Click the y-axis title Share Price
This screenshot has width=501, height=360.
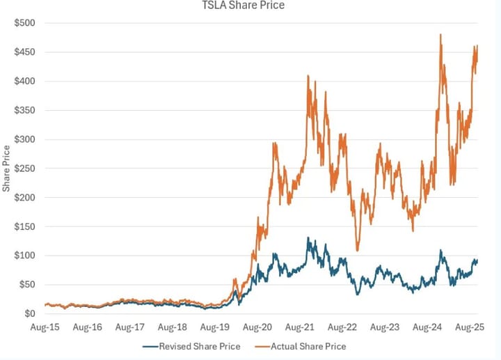coord(6,168)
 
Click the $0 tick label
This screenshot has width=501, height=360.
coord(31,314)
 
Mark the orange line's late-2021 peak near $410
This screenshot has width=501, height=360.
coord(308,76)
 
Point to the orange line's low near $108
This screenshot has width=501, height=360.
coord(358,250)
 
